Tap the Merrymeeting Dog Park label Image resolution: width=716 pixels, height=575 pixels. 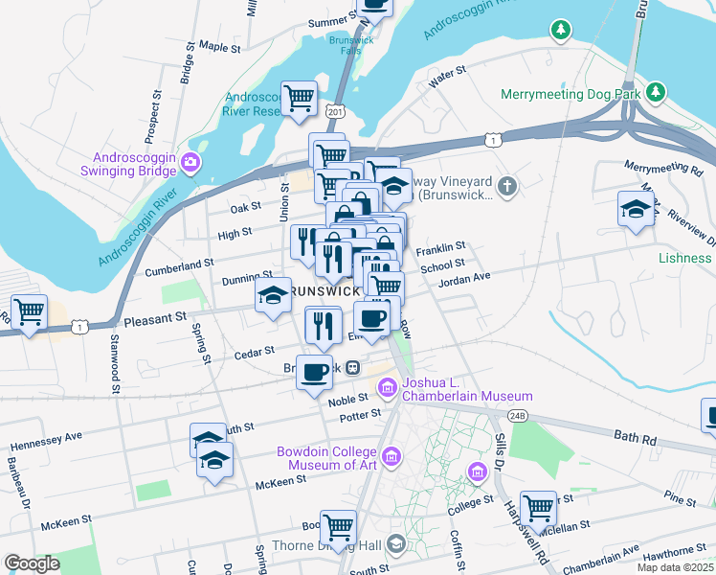tap(571, 95)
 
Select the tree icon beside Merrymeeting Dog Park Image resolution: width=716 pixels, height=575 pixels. tap(656, 93)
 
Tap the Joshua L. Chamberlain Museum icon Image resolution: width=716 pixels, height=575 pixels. tap(387, 388)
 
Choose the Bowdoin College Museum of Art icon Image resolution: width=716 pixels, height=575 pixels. tap(391, 458)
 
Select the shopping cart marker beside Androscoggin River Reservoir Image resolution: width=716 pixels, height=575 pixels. tap(300, 97)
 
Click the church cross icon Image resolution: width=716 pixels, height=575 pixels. tap(507, 185)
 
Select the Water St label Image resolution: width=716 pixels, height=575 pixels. tap(446, 74)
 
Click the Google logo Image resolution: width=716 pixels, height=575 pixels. tap(32, 563)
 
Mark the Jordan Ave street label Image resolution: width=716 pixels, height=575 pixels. tap(464, 278)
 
